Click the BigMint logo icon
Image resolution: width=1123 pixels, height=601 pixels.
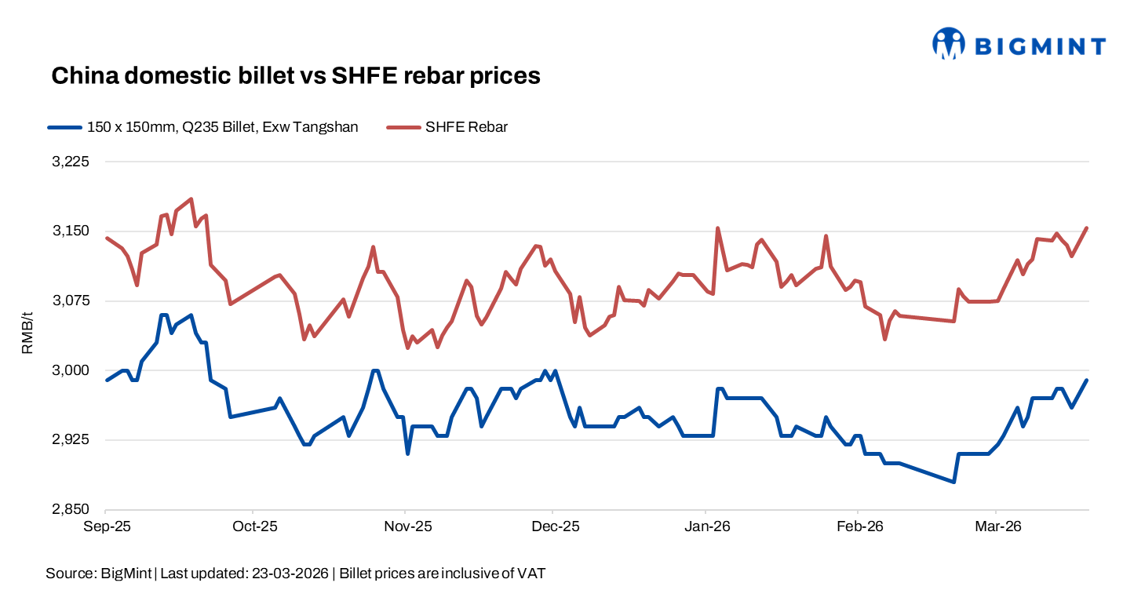948,44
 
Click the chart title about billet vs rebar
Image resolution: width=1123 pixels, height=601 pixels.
296,75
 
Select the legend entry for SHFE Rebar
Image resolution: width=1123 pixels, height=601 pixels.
466,127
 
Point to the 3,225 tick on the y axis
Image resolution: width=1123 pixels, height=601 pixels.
71,162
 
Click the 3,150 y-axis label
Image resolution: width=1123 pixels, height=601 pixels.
71,231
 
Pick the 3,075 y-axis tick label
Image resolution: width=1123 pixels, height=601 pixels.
71,300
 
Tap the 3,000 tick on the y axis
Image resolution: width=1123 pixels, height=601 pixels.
71,370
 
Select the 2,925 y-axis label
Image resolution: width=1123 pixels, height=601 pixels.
71,439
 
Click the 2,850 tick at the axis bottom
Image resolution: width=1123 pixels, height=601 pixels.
71,509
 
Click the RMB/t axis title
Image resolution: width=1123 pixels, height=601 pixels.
27,335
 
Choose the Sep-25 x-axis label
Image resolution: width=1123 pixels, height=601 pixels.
106,526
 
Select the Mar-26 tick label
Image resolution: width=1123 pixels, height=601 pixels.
997,526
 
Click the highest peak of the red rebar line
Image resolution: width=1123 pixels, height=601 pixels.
191,199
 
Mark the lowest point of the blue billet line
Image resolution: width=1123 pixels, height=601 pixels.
953,482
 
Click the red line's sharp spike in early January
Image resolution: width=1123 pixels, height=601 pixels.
717,228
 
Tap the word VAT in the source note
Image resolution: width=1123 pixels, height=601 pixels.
531,574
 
